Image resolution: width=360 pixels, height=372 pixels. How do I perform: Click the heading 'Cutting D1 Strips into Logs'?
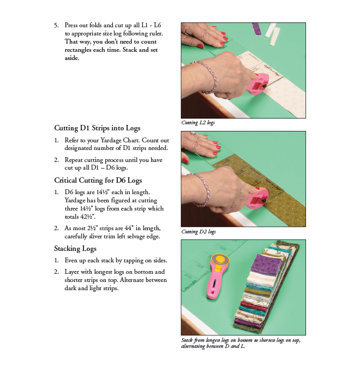[x=97, y=128]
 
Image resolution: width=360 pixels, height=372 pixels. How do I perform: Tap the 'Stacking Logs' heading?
[x=75, y=249]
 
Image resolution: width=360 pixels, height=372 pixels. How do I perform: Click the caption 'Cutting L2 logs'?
[x=197, y=123]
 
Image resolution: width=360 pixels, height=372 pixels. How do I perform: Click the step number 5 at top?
[x=56, y=26]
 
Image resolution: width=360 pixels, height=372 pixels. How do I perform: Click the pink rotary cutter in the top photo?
[x=257, y=84]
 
